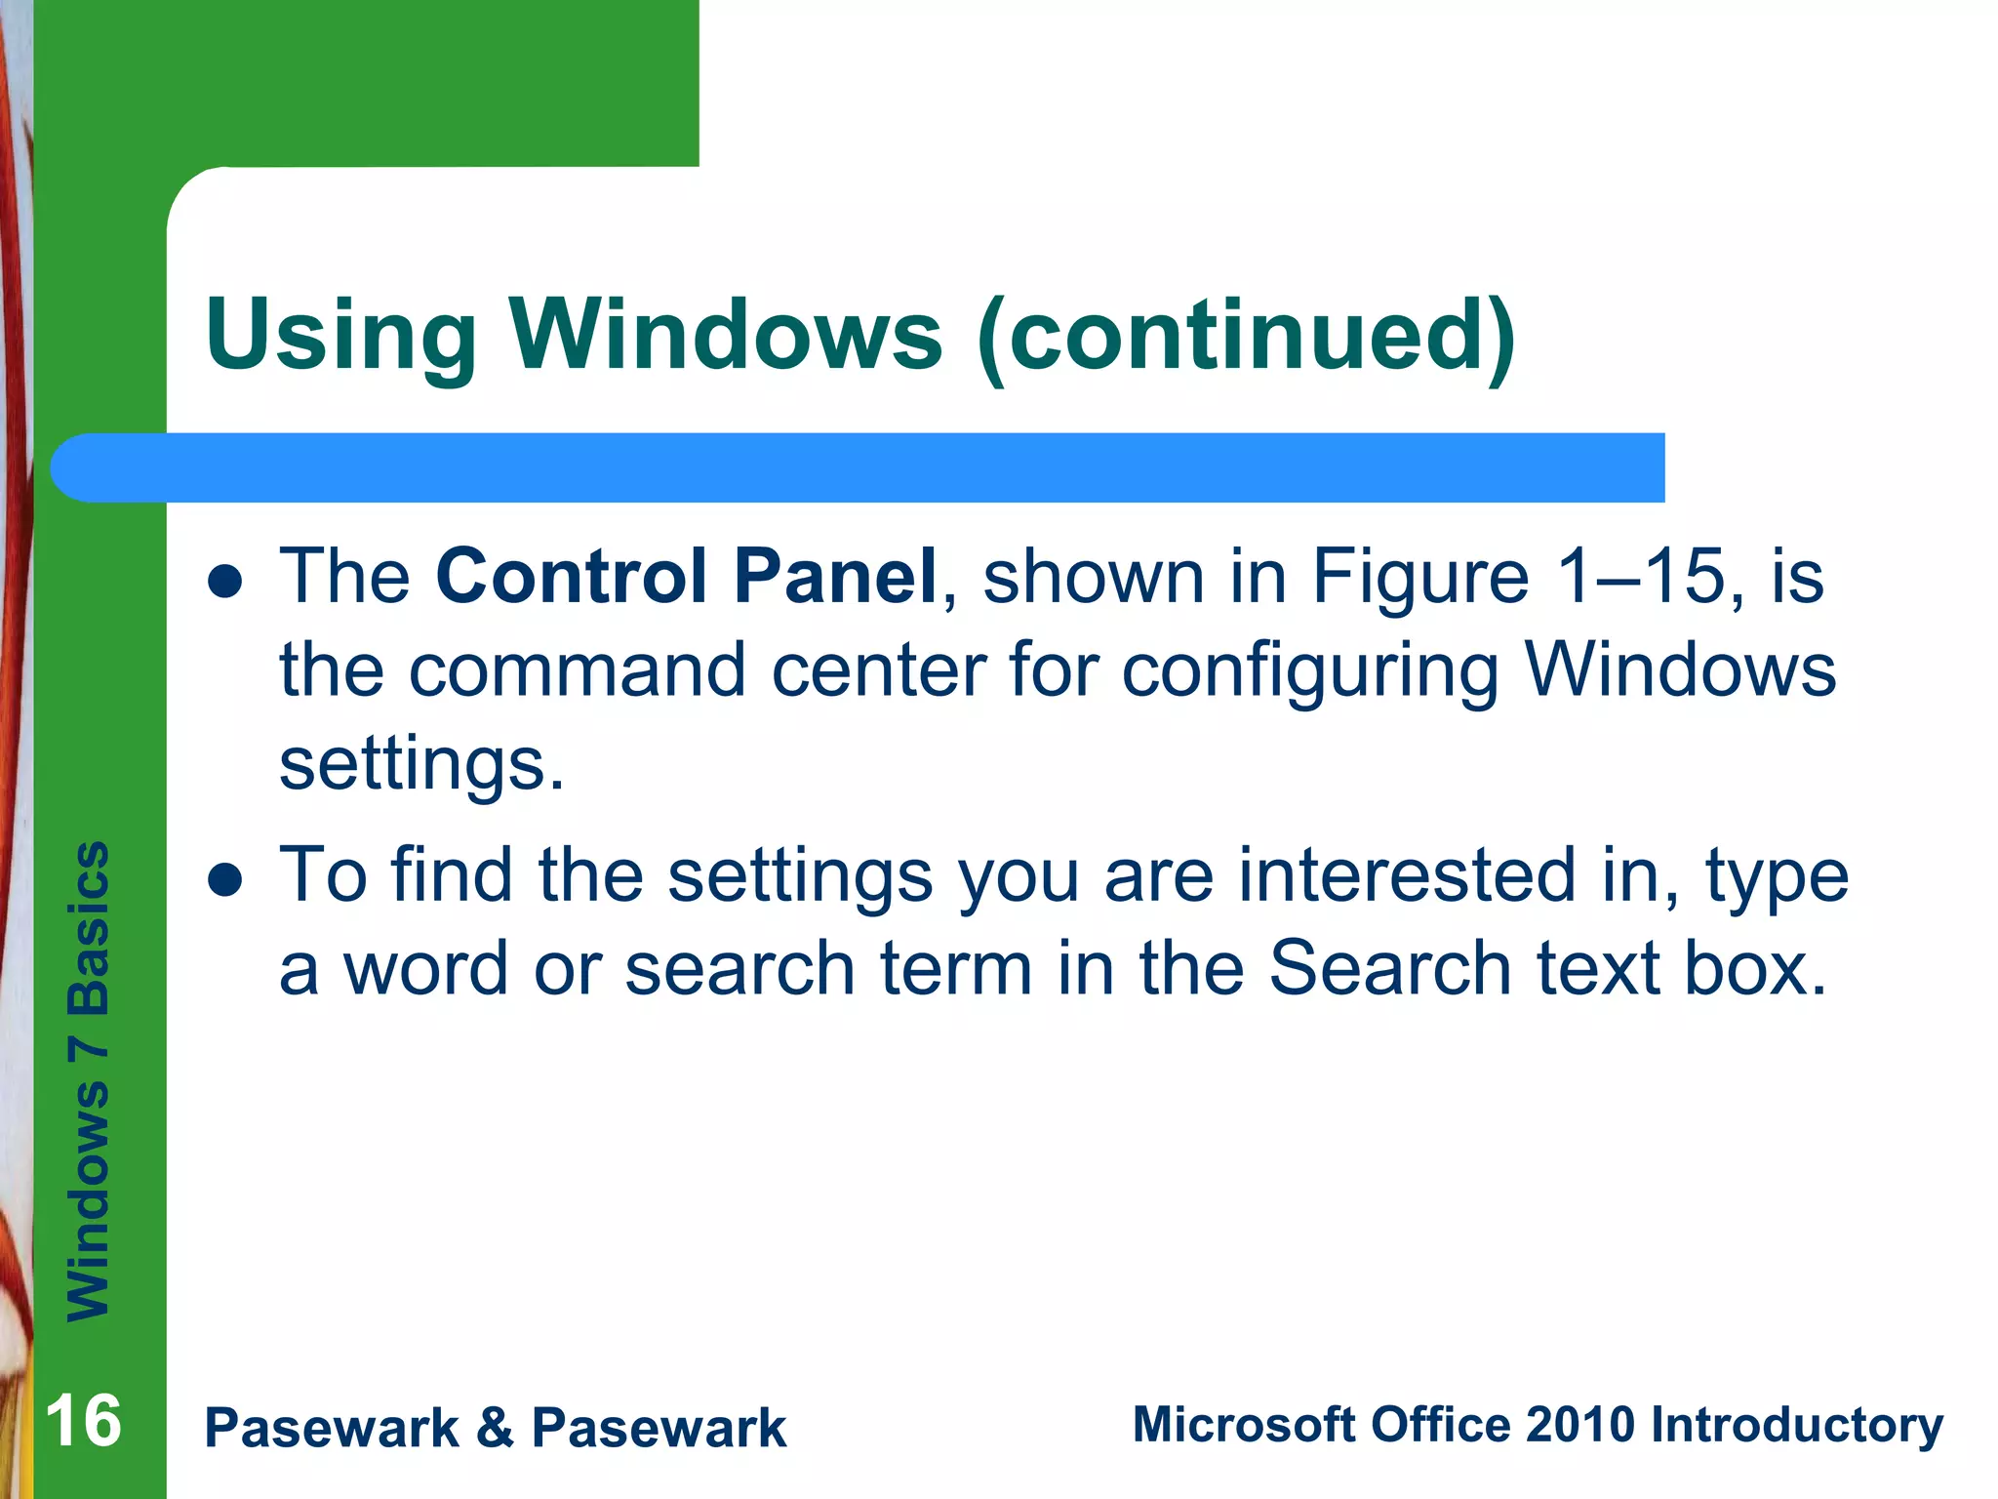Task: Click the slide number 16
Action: pos(84,1421)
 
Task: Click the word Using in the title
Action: pos(340,336)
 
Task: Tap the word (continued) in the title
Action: pos(1246,336)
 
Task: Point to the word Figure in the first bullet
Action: pos(1419,578)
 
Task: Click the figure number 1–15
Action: pos(1641,576)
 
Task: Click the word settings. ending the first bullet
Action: pos(421,764)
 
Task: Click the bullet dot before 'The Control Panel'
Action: pos(225,583)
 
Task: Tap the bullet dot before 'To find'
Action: pos(225,881)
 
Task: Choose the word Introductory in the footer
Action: pos(1796,1425)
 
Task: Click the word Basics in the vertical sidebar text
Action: pos(89,927)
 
